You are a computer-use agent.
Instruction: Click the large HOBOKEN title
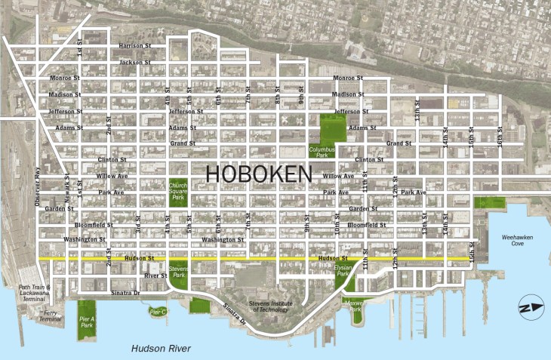coord(259,174)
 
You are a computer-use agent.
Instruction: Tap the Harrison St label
coord(137,46)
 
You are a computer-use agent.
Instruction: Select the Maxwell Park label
coord(356,306)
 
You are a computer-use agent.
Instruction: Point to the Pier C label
coord(158,312)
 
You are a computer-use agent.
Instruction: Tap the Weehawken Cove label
coord(518,241)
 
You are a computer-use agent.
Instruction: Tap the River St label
coord(155,275)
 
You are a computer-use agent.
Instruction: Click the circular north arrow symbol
coord(528,307)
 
